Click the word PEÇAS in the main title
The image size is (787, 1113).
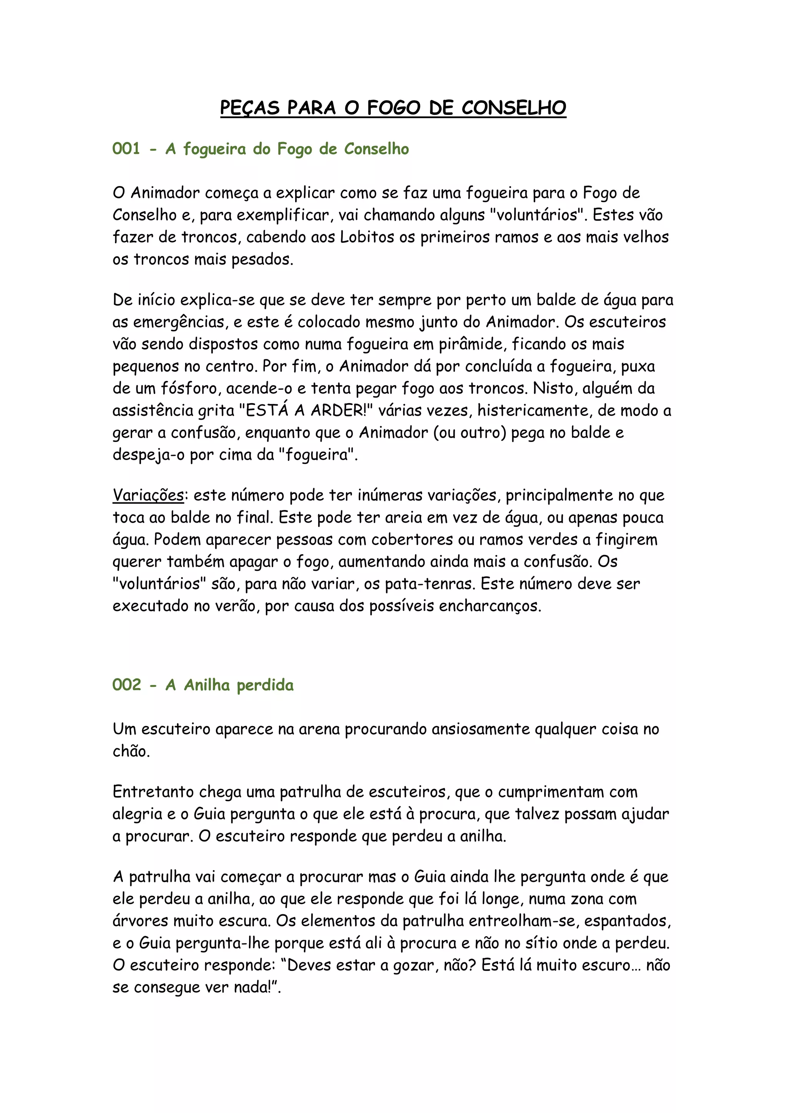tap(250, 108)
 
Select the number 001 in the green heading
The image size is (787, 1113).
tap(126, 149)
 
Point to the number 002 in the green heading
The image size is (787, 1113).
tap(126, 685)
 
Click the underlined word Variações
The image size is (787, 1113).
tap(148, 495)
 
